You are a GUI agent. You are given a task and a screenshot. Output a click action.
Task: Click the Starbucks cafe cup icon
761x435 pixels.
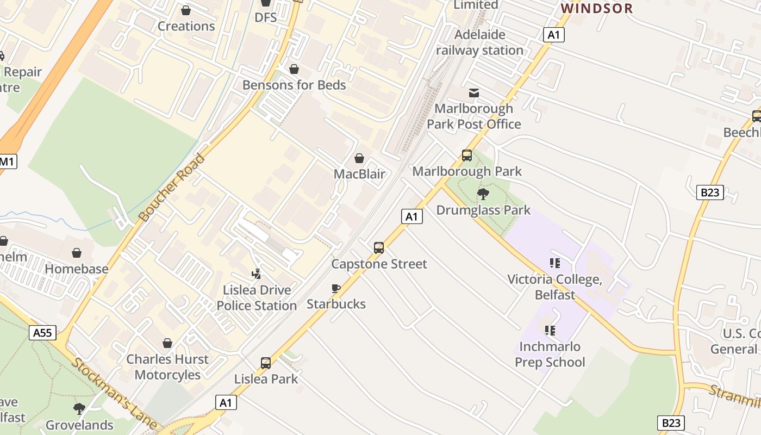click(336, 288)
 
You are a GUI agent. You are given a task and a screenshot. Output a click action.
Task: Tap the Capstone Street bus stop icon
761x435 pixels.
click(379, 248)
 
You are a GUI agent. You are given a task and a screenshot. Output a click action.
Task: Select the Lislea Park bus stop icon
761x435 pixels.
click(266, 363)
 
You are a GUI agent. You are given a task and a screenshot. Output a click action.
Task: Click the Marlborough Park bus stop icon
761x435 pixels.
click(467, 156)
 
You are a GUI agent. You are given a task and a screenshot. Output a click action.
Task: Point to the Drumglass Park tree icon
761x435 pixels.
click(483, 194)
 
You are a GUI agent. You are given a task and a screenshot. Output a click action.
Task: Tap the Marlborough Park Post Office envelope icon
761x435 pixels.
click(474, 93)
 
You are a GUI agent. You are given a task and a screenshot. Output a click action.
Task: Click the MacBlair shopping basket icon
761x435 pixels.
click(359, 158)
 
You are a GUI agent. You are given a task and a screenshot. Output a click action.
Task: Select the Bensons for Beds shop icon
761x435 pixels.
click(294, 69)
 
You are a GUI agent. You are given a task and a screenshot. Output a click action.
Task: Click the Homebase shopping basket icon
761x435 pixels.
click(77, 253)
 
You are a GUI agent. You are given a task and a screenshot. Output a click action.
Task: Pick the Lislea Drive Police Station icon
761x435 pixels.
click(256, 274)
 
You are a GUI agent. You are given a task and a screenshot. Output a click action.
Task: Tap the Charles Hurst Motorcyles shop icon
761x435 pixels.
click(167, 343)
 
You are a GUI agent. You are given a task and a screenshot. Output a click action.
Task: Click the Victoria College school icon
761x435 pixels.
click(554, 264)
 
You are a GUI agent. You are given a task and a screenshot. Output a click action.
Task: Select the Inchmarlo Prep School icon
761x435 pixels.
click(550, 331)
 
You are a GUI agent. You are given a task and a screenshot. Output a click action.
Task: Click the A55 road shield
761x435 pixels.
click(42, 333)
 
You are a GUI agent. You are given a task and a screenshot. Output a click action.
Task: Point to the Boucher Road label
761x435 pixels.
click(172, 188)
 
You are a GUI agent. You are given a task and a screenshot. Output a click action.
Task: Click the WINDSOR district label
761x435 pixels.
click(597, 8)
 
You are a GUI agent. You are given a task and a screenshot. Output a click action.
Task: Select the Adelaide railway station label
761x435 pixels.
click(479, 42)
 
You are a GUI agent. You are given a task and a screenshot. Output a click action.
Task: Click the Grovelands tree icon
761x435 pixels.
click(79, 409)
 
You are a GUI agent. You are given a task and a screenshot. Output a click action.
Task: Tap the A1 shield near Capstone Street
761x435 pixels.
click(412, 216)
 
